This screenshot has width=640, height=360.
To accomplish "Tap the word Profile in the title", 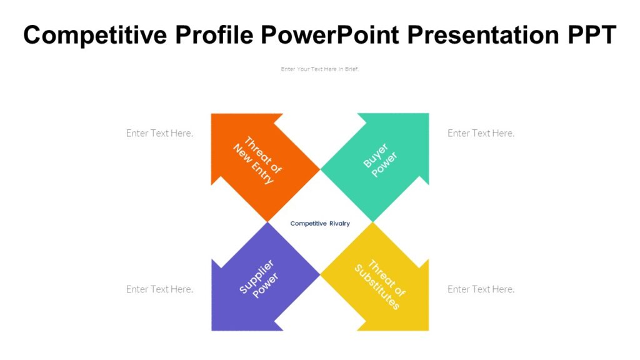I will pos(214,36).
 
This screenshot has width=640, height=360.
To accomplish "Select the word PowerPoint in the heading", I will pos(329,36).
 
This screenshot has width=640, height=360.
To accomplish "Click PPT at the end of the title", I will pos(591,36).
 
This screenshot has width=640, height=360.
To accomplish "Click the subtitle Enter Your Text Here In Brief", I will pos(320,69).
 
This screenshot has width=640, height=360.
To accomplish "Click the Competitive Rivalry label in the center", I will pos(320,224).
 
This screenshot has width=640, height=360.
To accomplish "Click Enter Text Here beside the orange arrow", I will pos(159,133).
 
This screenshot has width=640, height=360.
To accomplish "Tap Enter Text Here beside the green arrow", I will pos(481,133).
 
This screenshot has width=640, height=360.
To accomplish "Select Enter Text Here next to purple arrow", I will pos(159,289).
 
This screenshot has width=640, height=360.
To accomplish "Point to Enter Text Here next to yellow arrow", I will pos(481,289).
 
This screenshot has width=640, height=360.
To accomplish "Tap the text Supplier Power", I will pos(258,279).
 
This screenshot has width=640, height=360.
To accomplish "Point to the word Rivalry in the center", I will pos(338,224).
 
